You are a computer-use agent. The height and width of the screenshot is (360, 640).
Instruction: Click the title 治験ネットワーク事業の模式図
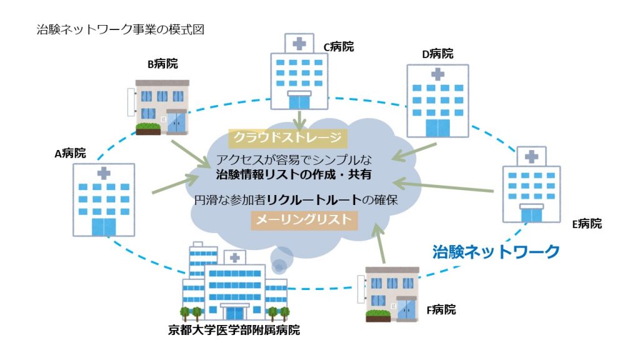point(121,29)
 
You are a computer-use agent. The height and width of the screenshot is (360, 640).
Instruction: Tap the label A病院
point(70,153)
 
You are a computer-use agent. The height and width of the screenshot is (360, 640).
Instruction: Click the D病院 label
point(437,54)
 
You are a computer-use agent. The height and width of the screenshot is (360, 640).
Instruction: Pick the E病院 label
point(586,224)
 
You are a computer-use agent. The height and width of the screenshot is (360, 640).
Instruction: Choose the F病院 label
point(441,309)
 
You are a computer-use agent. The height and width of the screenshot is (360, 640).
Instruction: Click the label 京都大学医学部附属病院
point(234,330)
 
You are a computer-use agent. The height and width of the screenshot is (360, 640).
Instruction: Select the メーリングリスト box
point(304,219)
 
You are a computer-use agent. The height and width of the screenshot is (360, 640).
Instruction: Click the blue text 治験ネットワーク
point(496,252)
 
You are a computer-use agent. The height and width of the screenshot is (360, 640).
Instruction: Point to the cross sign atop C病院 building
point(300,43)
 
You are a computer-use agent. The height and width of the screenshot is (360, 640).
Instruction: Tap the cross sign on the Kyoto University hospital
point(233,257)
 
